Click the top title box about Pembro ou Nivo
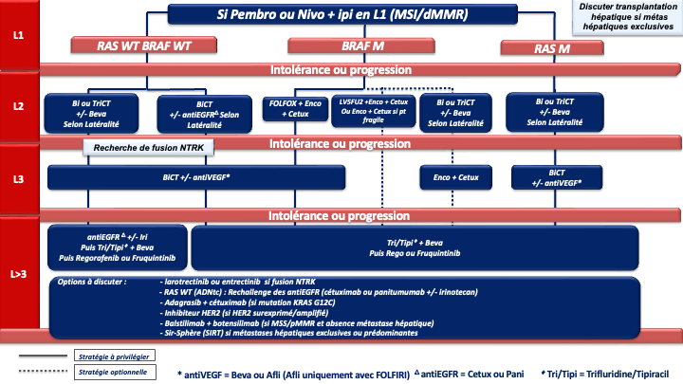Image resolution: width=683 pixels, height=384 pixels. pos(347,15)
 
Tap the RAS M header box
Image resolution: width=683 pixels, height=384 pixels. pos(559,48)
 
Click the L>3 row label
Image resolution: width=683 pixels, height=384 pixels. pos(18,274)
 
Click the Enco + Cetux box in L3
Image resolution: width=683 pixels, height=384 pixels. pos(455,177)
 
